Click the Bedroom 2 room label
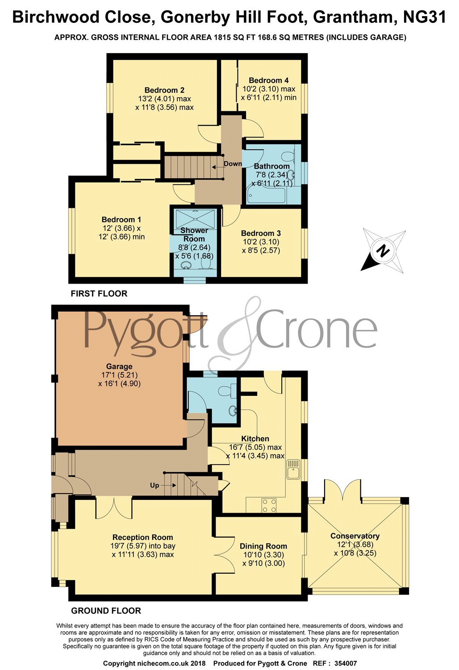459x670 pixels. tap(164, 90)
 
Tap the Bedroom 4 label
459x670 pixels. tap(268, 80)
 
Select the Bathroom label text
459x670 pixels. tap(271, 166)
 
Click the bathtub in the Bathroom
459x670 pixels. tap(266, 195)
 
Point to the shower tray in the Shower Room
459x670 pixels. tap(196, 218)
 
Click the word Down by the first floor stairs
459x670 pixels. tap(233, 164)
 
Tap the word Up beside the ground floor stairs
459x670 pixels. tap(154, 485)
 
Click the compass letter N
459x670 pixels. tap(382, 251)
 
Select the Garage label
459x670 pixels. tap(119, 366)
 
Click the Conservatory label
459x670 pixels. tap(355, 536)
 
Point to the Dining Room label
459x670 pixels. tap(263, 546)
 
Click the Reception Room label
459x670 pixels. tap(142, 537)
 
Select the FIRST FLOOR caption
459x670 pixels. tap(99, 293)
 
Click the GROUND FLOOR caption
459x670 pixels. tap(106, 611)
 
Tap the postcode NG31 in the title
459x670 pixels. tap(424, 17)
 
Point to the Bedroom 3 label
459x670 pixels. tap(261, 233)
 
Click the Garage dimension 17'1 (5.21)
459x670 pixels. tap(119, 375)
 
